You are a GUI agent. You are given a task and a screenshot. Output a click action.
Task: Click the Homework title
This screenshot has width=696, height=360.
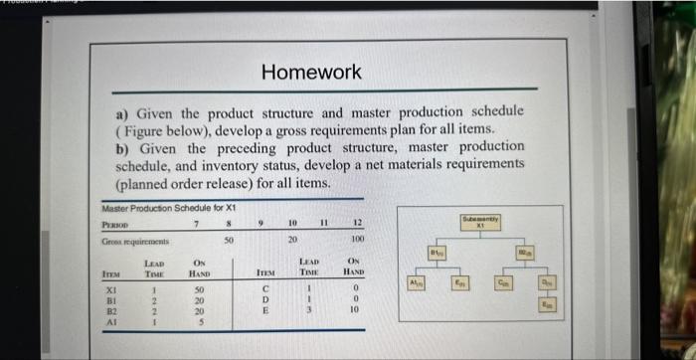[x=311, y=72]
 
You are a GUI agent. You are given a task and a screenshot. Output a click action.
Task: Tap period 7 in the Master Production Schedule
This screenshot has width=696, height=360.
[x=195, y=222]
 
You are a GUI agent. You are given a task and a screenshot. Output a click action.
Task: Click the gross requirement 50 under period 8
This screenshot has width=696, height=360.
[x=230, y=240]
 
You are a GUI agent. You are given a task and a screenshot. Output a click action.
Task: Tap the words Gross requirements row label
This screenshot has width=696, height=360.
[x=136, y=240]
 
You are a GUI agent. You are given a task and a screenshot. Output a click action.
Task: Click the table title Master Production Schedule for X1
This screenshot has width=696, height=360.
[x=169, y=207]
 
